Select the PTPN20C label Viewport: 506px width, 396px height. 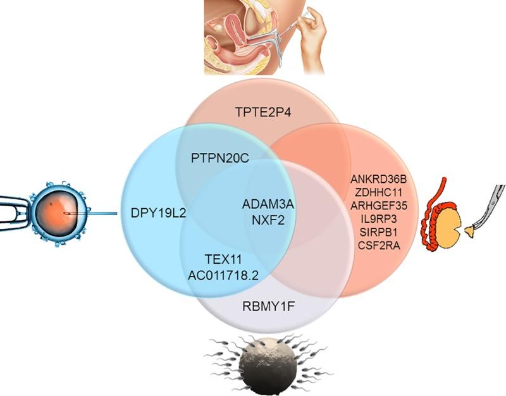pos(220,158)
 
